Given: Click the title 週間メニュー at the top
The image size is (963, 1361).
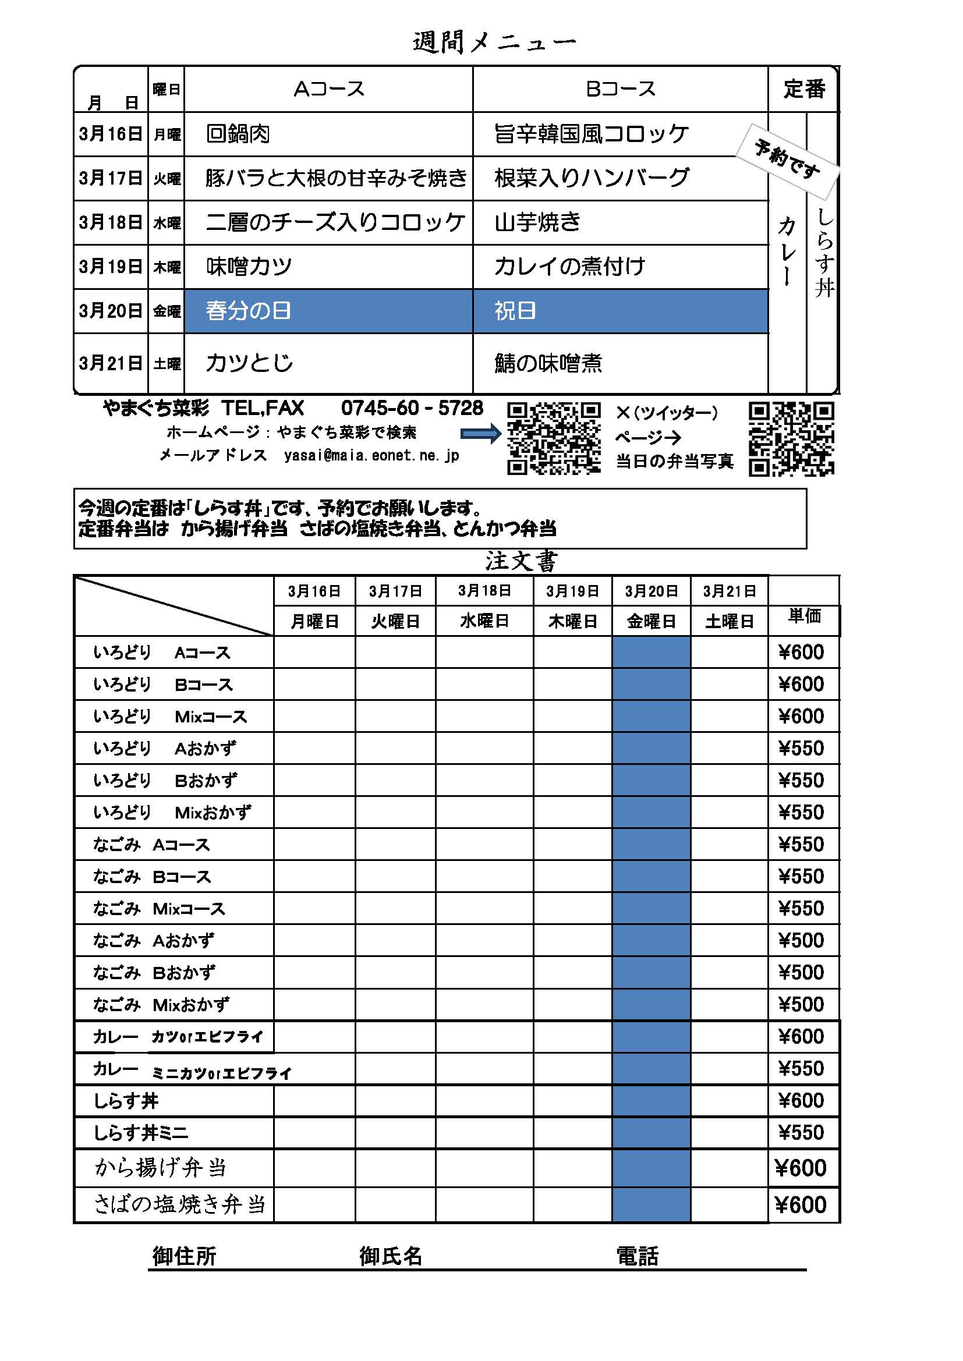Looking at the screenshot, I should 493,41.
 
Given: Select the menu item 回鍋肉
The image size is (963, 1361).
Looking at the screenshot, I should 238,134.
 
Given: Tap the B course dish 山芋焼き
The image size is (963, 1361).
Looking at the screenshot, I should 537,222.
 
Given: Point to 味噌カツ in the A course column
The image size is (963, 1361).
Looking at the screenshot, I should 249,267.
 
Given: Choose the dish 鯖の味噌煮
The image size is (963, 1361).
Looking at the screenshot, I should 548,363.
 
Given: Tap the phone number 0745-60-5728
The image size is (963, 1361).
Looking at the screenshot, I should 412,408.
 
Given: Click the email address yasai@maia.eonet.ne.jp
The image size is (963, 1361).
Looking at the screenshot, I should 371,455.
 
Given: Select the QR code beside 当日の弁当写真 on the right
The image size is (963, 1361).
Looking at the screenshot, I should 791,439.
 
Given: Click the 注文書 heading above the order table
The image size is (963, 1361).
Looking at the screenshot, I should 521,561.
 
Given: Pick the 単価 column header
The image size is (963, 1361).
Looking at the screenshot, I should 804,616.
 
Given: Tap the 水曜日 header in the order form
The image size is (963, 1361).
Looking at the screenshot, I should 484,621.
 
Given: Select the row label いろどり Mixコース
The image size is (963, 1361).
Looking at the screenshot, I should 170,717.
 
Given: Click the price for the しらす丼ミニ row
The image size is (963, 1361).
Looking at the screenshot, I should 801,1133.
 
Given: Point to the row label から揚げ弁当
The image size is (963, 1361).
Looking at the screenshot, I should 161,1167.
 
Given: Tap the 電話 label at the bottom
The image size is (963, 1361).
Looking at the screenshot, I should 638,1256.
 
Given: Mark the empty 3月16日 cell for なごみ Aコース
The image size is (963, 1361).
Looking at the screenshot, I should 314,845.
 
